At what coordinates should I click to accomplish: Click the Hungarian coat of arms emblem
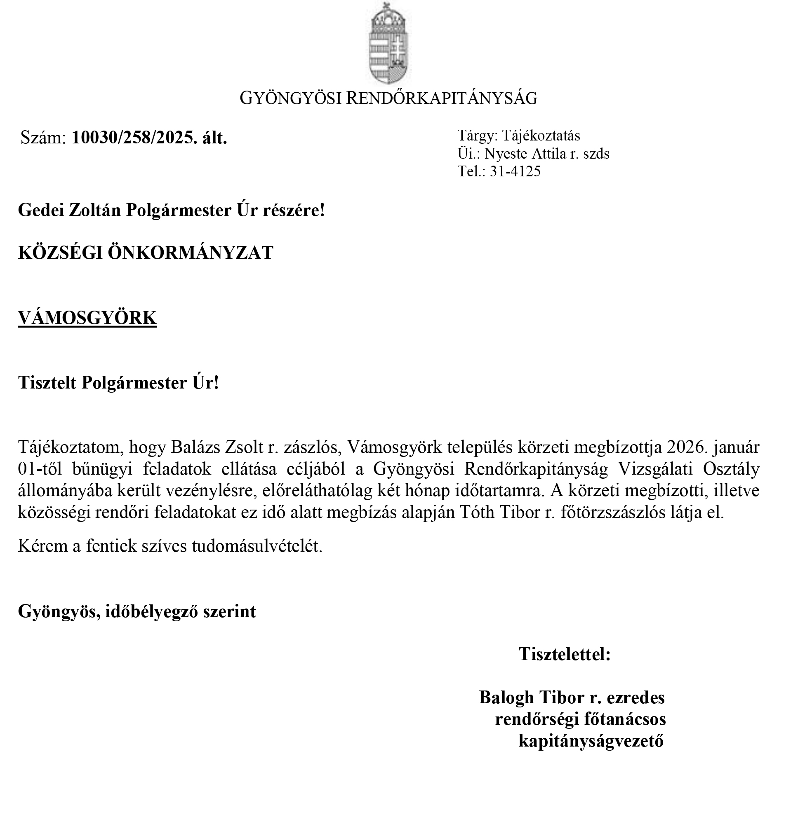click(x=389, y=44)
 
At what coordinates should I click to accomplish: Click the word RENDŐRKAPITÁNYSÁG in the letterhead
click(x=442, y=98)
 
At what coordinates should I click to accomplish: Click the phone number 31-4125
click(x=515, y=171)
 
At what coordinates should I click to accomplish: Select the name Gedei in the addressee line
click(x=40, y=210)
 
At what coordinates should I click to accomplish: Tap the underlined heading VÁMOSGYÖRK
click(x=87, y=318)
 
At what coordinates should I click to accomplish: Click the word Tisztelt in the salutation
click(x=47, y=383)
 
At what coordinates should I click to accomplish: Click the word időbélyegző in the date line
click(x=152, y=611)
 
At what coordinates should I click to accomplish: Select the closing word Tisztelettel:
click(x=565, y=654)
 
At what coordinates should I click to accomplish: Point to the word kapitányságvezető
click(x=591, y=741)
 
